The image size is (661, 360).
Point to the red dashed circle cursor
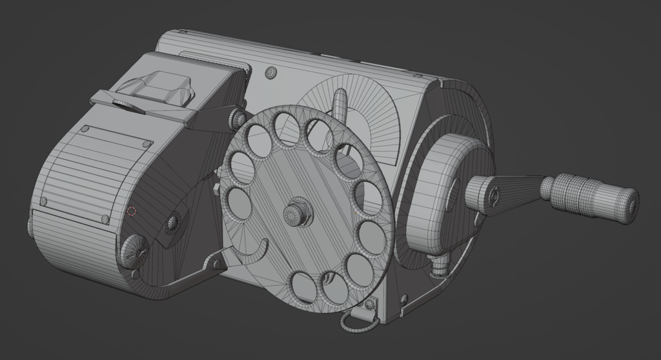(x=132, y=211)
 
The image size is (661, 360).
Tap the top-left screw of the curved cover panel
(x=85, y=129)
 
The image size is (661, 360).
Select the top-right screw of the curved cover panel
(x=148, y=143)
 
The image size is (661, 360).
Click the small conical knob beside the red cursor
(x=172, y=221)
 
